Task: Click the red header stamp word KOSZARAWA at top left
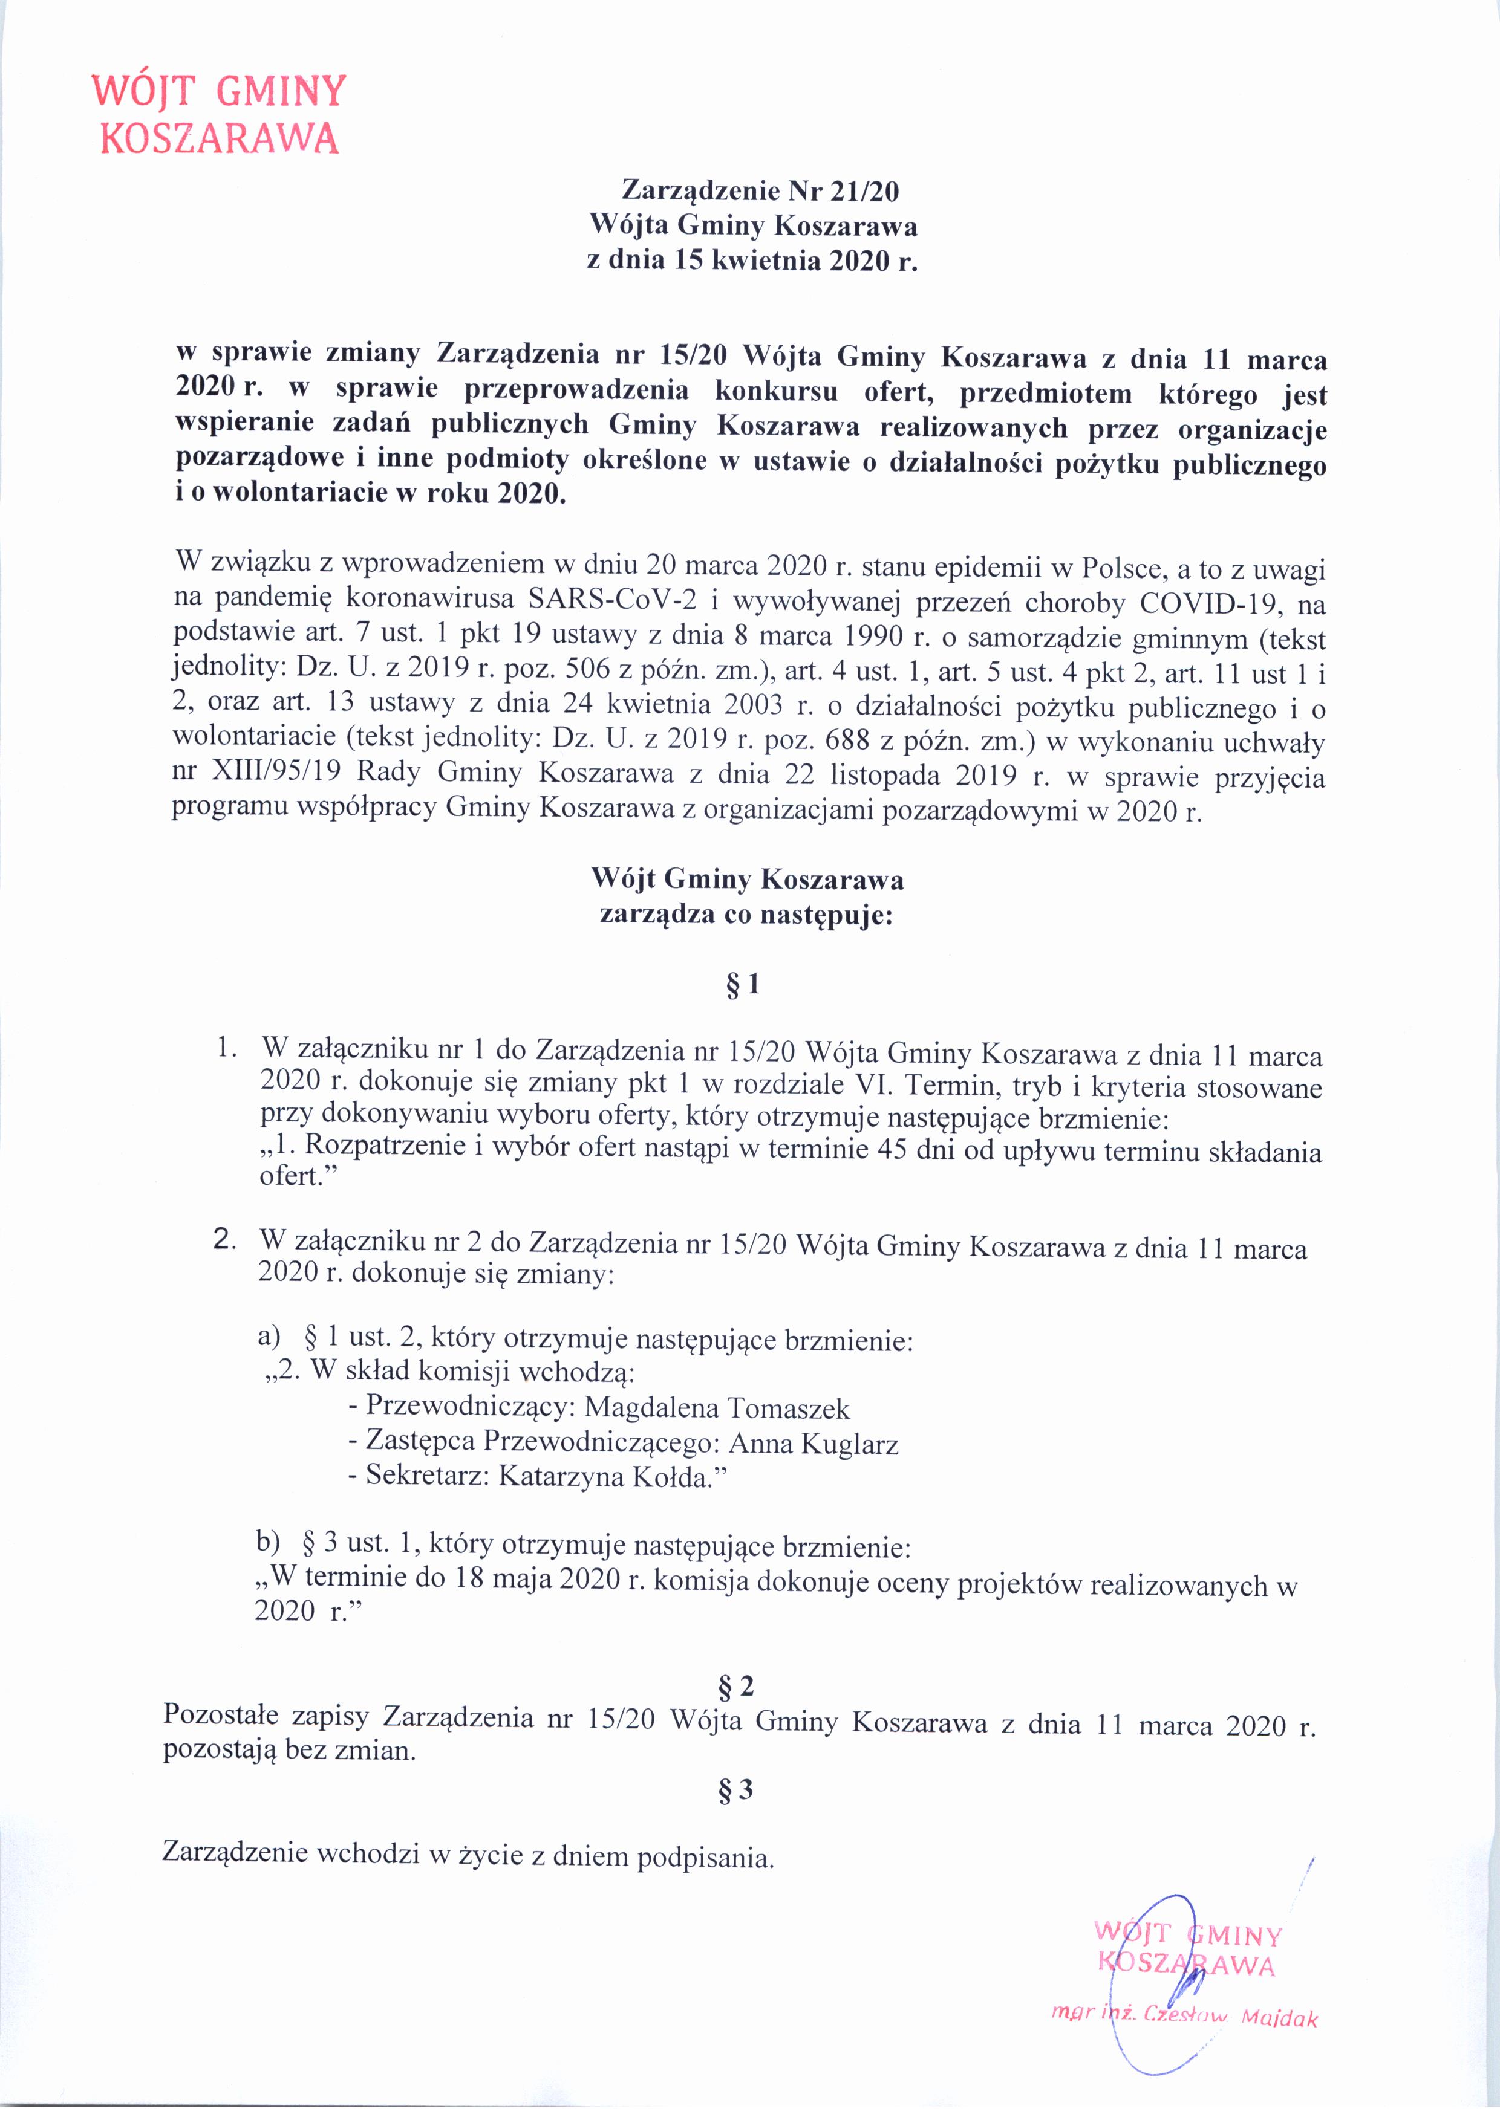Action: [219, 138]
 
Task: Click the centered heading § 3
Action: [735, 1791]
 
